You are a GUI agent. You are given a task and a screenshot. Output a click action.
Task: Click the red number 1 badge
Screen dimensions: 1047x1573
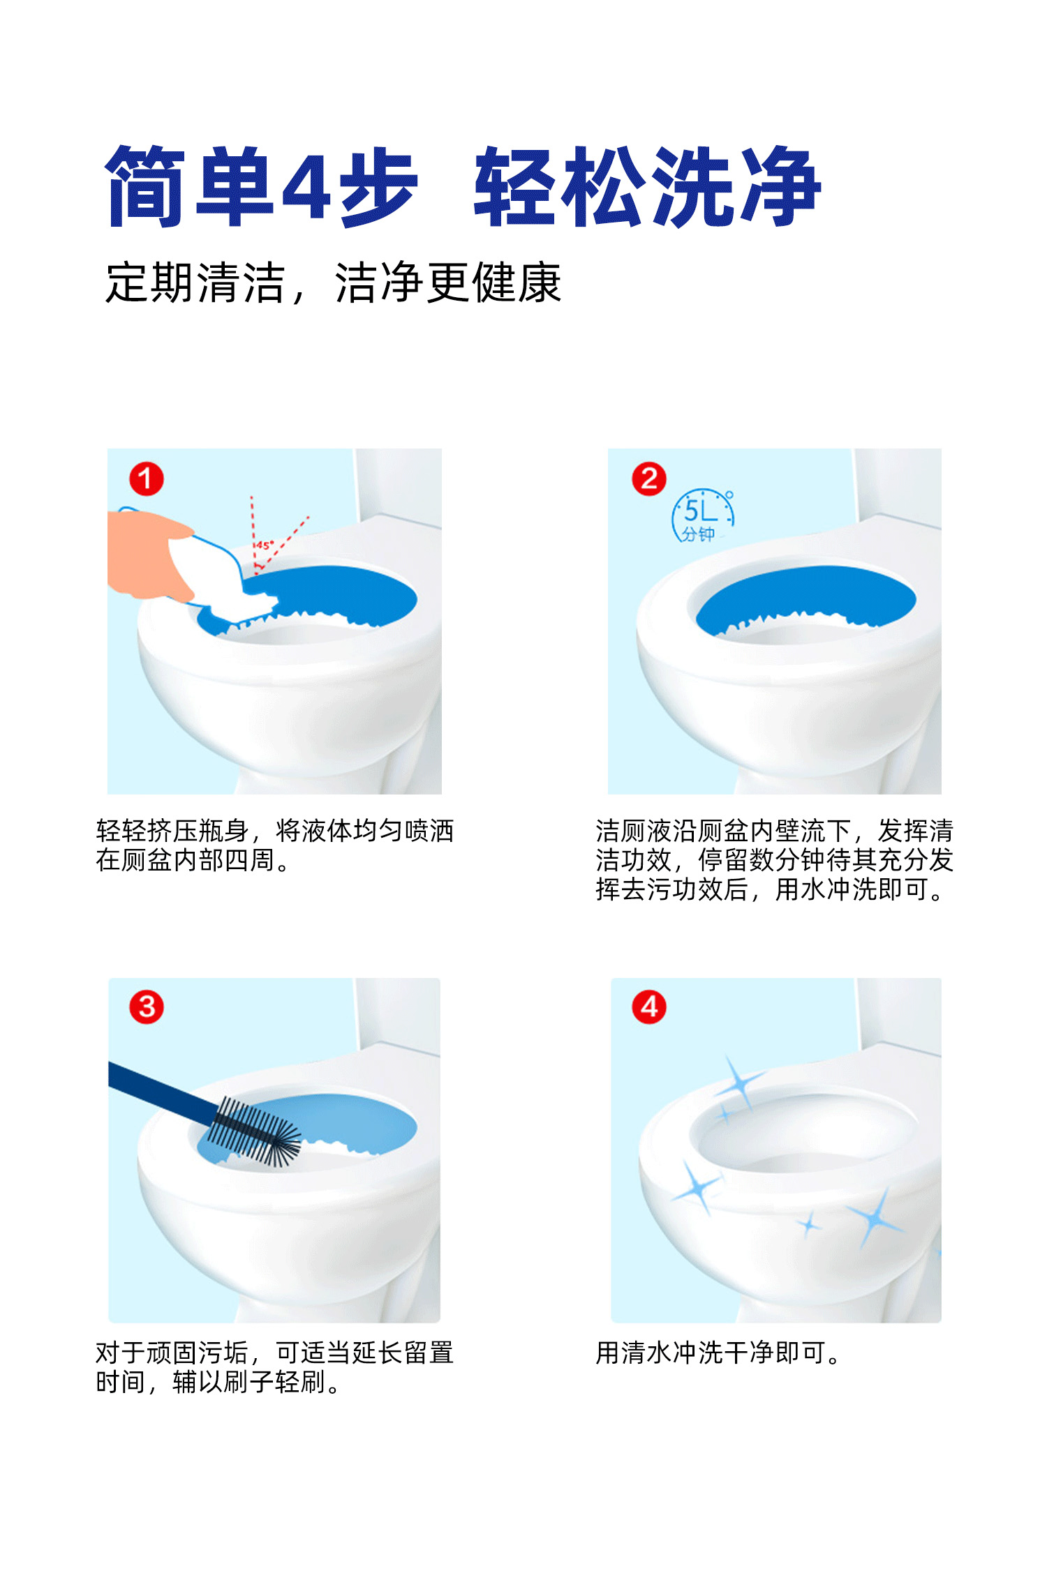pos(147,479)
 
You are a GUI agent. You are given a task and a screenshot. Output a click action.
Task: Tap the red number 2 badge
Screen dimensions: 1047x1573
pos(649,479)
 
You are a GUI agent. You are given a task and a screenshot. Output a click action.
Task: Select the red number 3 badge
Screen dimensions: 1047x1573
pos(147,1007)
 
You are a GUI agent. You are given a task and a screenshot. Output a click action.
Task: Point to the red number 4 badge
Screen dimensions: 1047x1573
pos(649,1007)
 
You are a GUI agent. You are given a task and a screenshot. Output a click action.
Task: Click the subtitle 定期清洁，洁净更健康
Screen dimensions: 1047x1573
pos(333,283)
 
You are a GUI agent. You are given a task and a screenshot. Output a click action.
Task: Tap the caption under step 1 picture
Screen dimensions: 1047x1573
pos(275,845)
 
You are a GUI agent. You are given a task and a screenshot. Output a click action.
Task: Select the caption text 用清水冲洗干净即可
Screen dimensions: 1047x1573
pos(718,1353)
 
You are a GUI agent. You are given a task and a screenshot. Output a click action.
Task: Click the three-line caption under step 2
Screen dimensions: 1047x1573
pos(775,860)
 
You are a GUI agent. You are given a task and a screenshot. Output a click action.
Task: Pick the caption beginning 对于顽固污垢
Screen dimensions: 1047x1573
pos(275,1367)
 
